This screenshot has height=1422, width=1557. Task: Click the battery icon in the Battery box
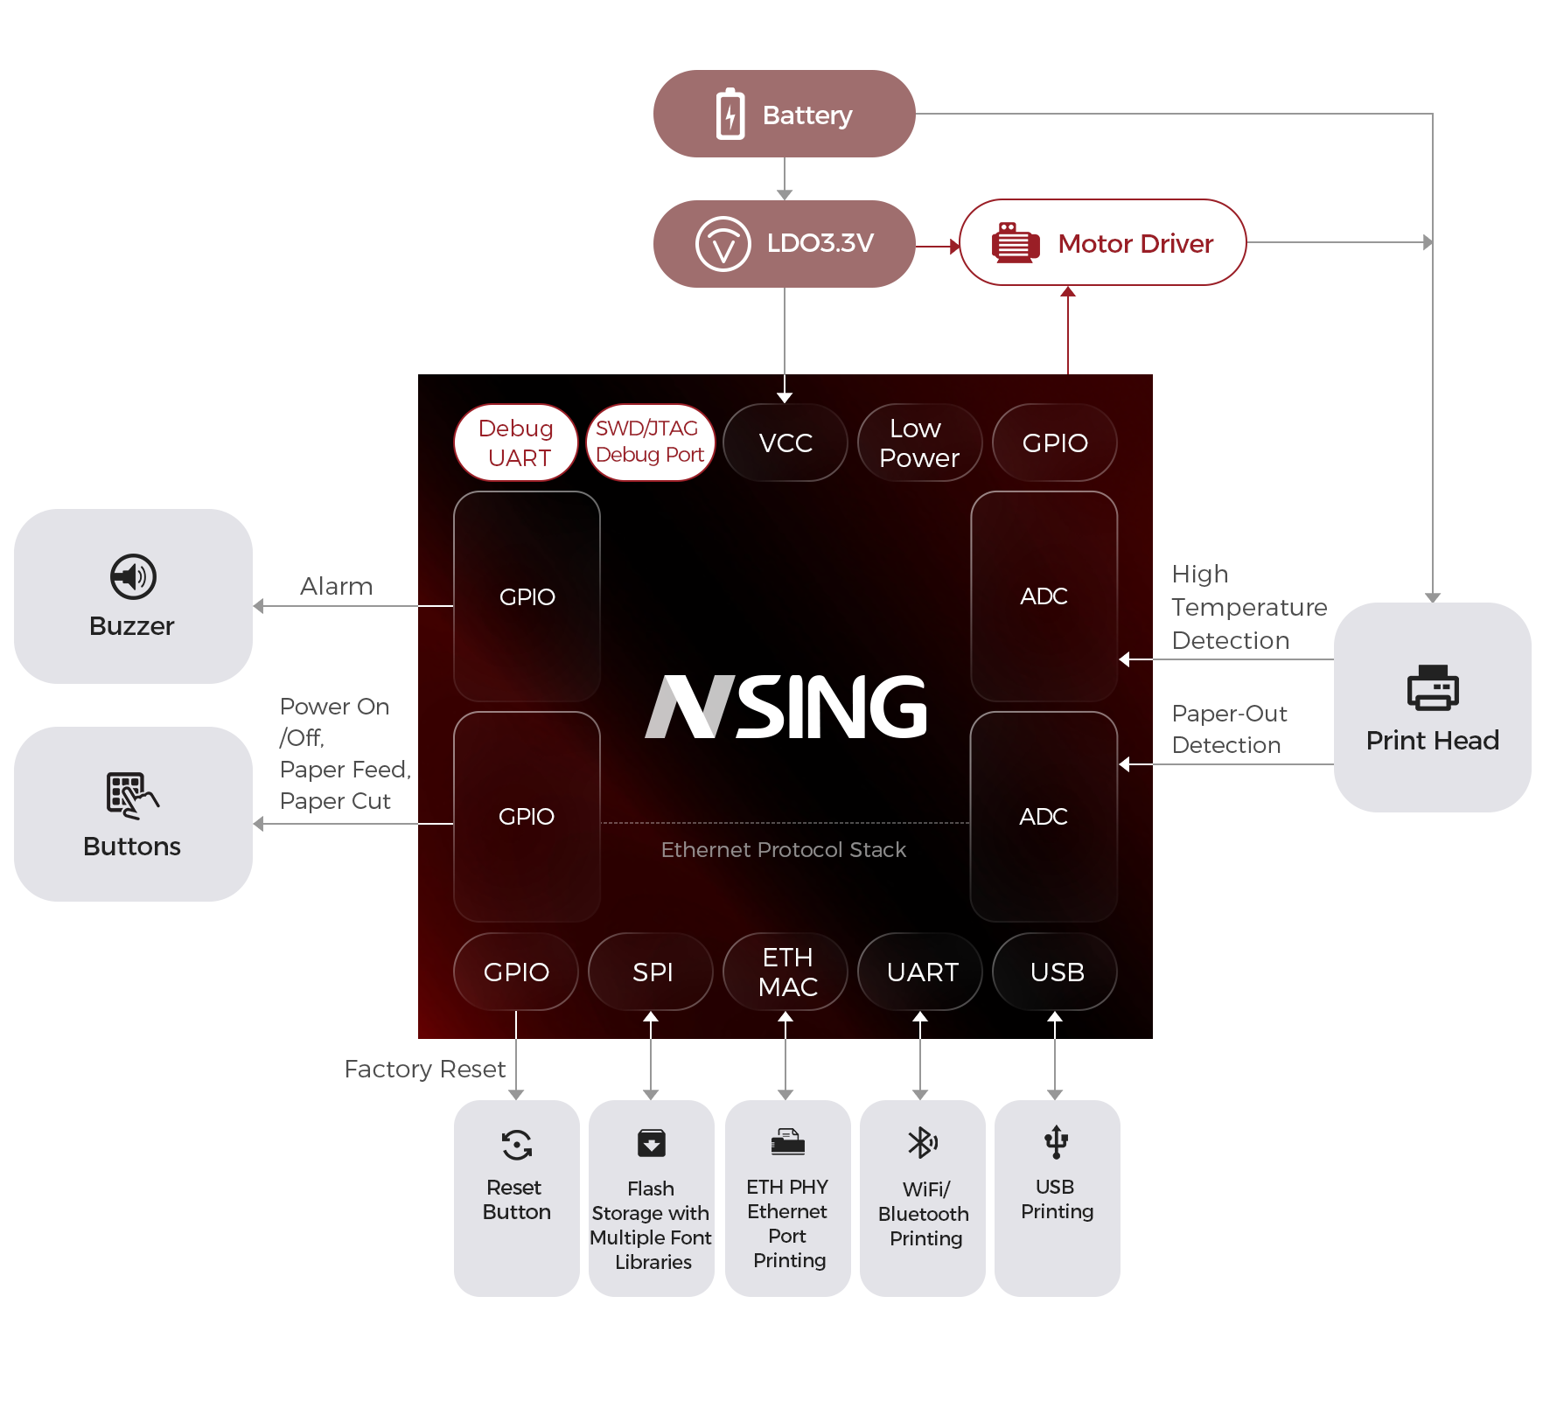(x=730, y=114)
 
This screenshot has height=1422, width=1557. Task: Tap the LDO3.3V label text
(x=820, y=243)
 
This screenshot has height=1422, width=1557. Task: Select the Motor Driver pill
(x=1102, y=243)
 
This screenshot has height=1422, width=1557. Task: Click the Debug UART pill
(x=516, y=443)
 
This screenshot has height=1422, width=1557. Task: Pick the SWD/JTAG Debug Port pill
(x=650, y=443)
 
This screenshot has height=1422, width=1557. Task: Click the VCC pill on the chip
(x=785, y=443)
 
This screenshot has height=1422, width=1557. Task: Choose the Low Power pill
(x=919, y=443)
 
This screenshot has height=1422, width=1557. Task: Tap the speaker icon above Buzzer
(x=133, y=576)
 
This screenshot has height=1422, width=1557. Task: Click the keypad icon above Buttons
(x=131, y=795)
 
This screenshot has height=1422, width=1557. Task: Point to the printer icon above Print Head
(x=1432, y=687)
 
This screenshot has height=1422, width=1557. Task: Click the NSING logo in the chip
(x=785, y=707)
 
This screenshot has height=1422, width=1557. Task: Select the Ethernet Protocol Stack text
(x=784, y=850)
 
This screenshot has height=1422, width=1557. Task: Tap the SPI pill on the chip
(x=652, y=972)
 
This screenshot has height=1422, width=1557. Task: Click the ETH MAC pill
(x=786, y=972)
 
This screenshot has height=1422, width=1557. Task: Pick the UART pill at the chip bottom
(x=921, y=972)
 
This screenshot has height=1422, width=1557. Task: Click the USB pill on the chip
(x=1056, y=972)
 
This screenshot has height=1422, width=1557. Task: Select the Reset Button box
(x=516, y=1197)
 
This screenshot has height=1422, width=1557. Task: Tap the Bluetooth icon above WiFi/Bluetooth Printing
(x=922, y=1142)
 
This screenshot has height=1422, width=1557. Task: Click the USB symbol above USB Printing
(x=1056, y=1142)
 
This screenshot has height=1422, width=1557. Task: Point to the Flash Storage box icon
(x=652, y=1143)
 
